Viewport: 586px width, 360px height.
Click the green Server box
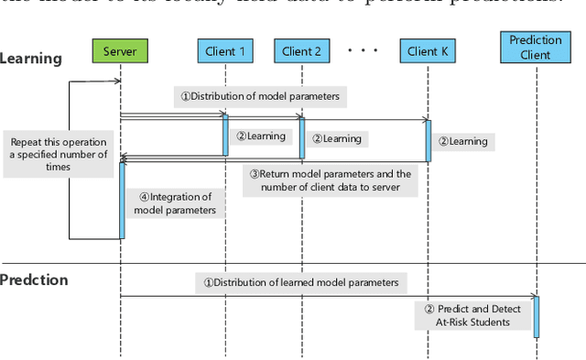[x=121, y=51]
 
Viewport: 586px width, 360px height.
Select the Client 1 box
[x=225, y=51]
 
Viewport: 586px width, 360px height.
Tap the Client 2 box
[x=302, y=51]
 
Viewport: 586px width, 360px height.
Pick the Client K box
[x=427, y=51]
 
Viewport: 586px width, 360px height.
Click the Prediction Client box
[x=537, y=48]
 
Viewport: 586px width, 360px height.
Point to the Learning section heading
[x=31, y=59]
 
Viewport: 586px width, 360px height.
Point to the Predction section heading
[x=35, y=279]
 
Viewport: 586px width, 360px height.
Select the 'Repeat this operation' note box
[x=60, y=155]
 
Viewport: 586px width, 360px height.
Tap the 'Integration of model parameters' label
[x=174, y=203]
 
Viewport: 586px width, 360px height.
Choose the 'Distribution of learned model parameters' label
[x=301, y=283]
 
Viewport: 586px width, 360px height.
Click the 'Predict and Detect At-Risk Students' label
[x=472, y=316]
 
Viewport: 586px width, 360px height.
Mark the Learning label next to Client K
[x=461, y=141]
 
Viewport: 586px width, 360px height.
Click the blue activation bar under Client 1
[x=225, y=135]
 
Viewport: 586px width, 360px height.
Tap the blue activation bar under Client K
[x=427, y=140]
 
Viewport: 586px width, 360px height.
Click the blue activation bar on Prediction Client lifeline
[x=537, y=317]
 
